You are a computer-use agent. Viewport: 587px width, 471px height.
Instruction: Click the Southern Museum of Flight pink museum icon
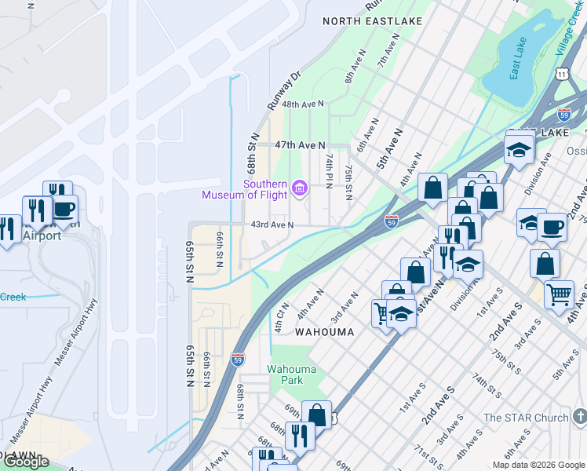(x=299, y=188)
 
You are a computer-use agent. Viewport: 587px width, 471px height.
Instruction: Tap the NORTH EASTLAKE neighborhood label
(x=373, y=21)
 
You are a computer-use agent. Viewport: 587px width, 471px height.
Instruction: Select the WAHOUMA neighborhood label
(x=324, y=332)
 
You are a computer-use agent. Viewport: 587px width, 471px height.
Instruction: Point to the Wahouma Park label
(x=291, y=374)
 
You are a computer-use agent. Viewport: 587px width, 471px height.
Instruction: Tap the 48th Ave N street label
(x=303, y=104)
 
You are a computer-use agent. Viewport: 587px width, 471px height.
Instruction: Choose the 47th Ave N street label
(x=300, y=145)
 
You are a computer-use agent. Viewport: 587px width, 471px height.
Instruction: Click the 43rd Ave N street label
(x=272, y=225)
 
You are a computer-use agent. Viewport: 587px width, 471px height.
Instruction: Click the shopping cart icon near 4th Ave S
(x=559, y=294)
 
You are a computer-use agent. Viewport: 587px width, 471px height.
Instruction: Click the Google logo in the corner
(x=26, y=462)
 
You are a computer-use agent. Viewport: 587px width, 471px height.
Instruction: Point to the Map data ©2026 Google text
(x=538, y=465)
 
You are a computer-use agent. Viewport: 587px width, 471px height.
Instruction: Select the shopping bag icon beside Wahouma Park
(x=316, y=414)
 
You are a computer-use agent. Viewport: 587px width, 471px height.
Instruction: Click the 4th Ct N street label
(x=281, y=316)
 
